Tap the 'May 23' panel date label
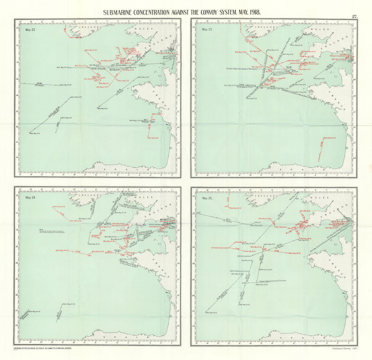coord(206,29)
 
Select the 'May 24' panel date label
coord(29,197)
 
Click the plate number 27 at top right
coord(354,16)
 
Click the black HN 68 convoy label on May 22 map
coord(38,84)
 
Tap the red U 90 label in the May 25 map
coord(276,251)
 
